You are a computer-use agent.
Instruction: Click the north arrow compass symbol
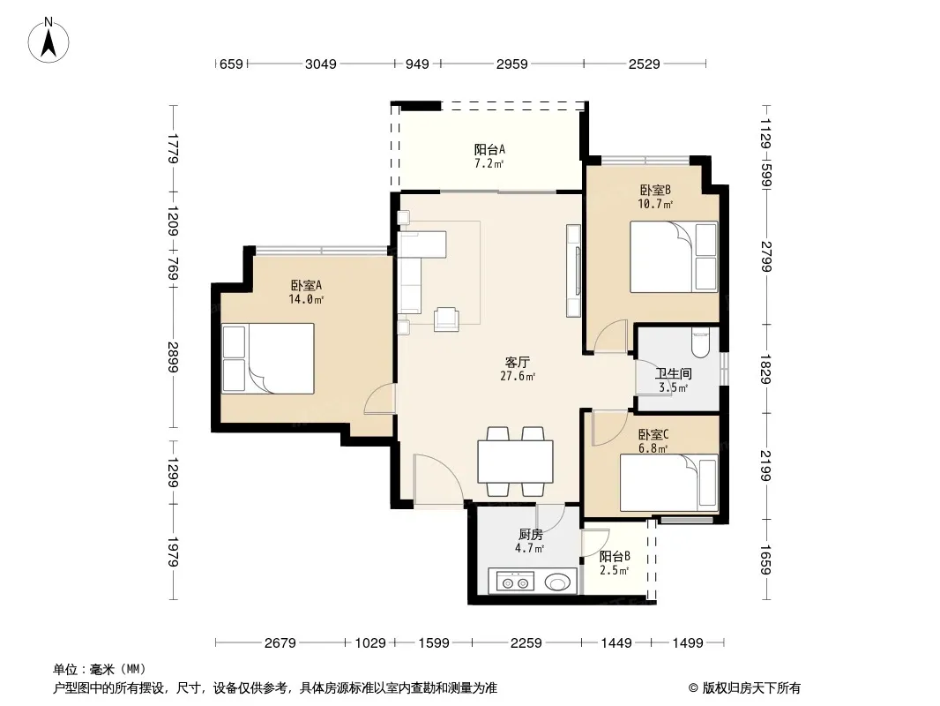[x=48, y=41]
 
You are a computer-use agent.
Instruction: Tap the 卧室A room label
[x=306, y=286]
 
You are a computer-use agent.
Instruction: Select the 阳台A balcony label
[x=489, y=149]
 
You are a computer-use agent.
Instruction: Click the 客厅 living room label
[x=518, y=363]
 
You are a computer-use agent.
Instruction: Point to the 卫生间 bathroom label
[x=673, y=373]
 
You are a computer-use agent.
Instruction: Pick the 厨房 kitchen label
[x=531, y=534]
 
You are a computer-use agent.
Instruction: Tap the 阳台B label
[x=615, y=556]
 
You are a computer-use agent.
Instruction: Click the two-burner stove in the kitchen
[x=516, y=582]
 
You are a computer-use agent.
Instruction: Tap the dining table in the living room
[x=515, y=462]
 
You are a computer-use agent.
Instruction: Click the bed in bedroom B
[x=674, y=257]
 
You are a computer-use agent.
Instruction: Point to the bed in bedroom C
[x=669, y=483]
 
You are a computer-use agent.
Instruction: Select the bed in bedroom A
[x=268, y=358]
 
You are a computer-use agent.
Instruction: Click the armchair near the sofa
[x=446, y=319]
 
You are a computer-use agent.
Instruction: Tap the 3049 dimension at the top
[x=321, y=64]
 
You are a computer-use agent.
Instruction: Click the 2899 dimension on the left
[x=173, y=357]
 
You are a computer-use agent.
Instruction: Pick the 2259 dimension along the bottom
[x=526, y=643]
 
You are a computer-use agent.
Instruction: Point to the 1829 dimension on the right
[x=765, y=369]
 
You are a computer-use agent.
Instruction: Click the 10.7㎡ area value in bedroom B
[x=655, y=204]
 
